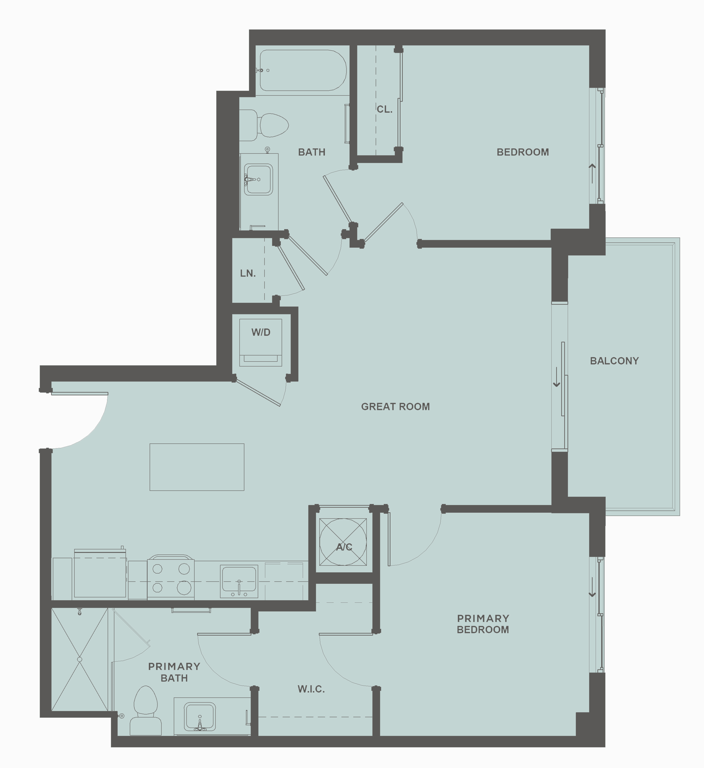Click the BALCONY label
(x=614, y=361)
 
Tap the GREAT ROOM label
(x=395, y=406)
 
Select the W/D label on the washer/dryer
(x=261, y=332)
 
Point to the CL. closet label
(x=384, y=109)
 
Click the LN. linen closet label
(x=248, y=273)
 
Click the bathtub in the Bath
(x=303, y=71)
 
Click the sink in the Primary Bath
(x=200, y=716)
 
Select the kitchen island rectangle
(x=197, y=467)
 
